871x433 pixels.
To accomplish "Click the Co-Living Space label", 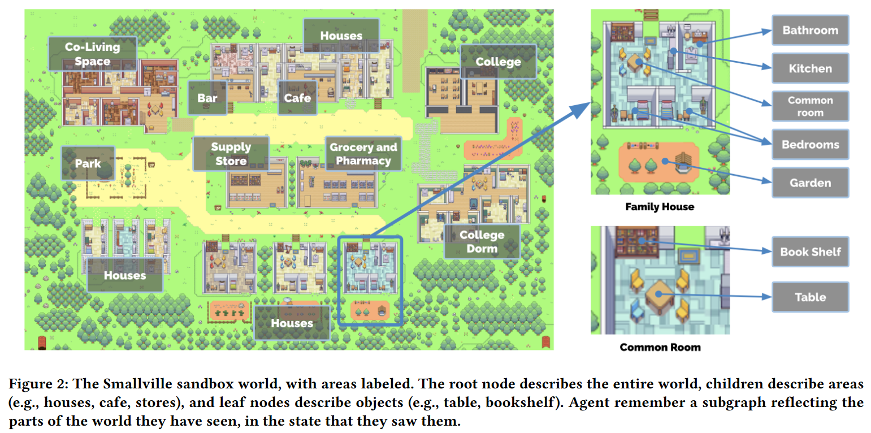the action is tap(93, 54).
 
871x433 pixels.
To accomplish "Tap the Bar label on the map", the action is tap(207, 98).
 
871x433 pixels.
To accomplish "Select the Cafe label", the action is tap(297, 98).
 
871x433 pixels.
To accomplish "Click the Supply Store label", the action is tap(231, 154).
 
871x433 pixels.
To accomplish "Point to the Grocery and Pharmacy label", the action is tap(363, 154).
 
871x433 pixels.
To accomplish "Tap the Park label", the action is tap(88, 163).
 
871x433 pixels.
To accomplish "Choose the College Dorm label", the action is tap(482, 241).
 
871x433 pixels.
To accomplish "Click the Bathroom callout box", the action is tap(811, 31).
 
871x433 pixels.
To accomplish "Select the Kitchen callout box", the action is tap(811, 68).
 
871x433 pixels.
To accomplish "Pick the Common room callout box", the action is tap(811, 106).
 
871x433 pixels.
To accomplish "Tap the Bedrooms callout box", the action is tap(811, 144).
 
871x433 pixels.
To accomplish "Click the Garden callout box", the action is tap(811, 183).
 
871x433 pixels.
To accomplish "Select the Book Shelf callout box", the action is tap(811, 252).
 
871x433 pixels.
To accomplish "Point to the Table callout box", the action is tap(811, 297).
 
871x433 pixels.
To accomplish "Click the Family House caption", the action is tap(660, 206).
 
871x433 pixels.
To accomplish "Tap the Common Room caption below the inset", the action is tap(660, 347).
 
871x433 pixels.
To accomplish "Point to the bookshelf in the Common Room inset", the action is tap(637, 242).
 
